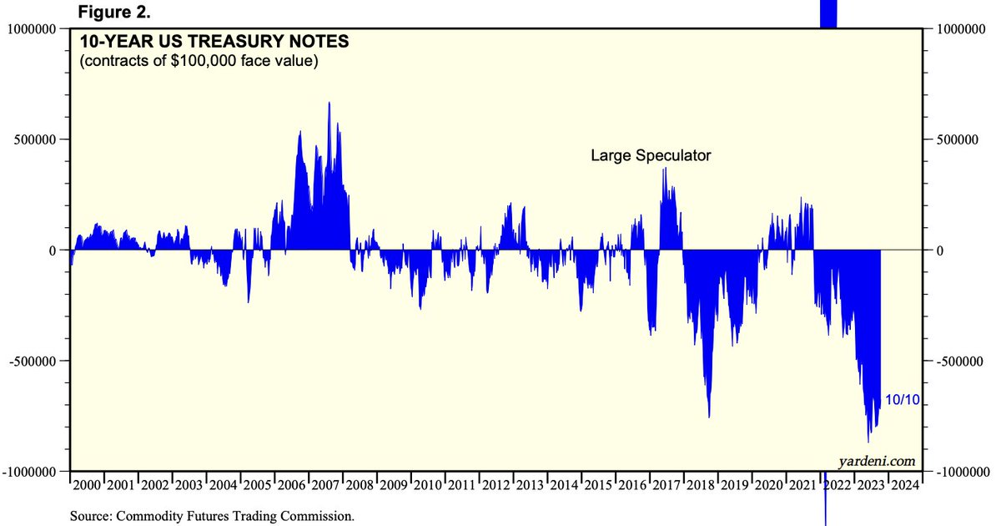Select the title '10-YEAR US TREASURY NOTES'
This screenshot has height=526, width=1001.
point(214,42)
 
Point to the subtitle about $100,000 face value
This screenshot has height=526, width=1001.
point(199,62)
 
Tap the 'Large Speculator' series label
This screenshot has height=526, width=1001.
point(651,155)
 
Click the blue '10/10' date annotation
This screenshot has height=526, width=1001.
point(902,401)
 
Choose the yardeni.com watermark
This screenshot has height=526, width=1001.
point(877,461)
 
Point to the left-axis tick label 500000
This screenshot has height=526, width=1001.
point(34,139)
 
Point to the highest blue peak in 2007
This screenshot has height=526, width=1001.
point(329,103)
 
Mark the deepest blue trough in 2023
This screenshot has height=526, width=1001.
point(868,442)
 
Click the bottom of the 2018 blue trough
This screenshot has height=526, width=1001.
point(709,417)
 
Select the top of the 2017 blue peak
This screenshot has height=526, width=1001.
point(665,169)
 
